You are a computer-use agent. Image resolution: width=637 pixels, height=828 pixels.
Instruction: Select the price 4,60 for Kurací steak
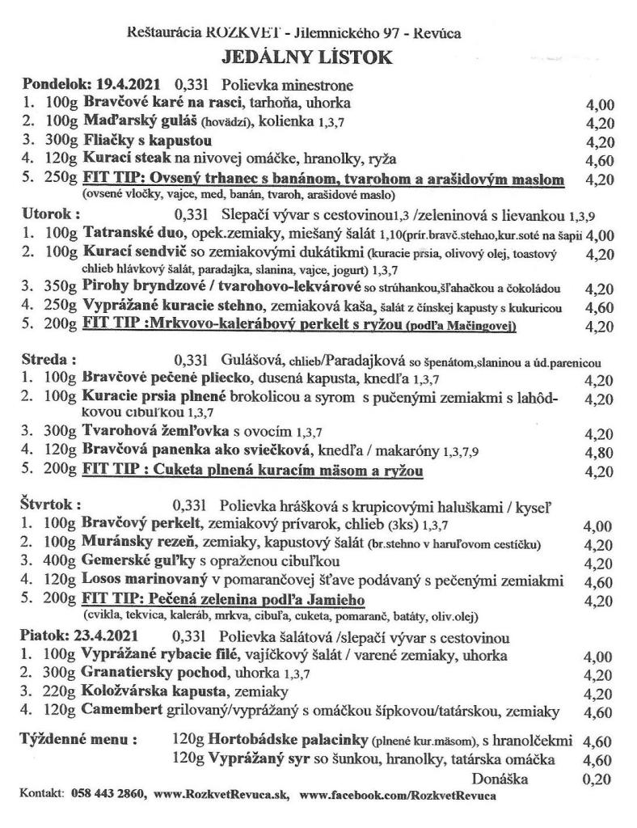(598, 160)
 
